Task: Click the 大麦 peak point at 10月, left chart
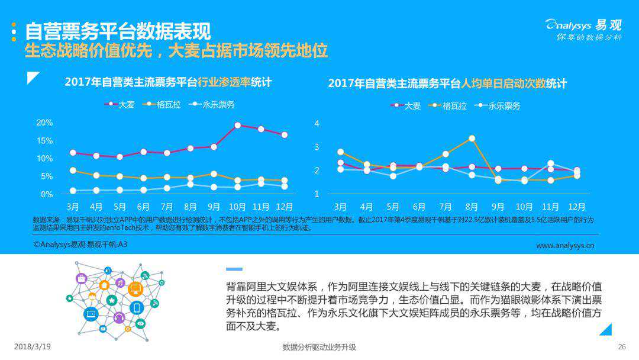coord(237,125)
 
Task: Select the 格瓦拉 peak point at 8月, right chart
coord(472,139)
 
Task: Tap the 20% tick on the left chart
coord(45,123)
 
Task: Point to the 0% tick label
coord(47,194)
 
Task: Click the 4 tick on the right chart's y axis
coord(317,123)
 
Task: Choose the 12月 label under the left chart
coord(284,207)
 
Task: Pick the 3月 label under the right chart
coord(340,207)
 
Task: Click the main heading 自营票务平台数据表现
coord(118,30)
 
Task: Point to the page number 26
coord(621,347)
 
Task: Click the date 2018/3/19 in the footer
coord(32,347)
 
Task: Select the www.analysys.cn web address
coord(564,245)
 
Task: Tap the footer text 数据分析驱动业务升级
coord(319,347)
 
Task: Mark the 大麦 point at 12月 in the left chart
coord(285,135)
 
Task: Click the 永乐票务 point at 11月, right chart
coord(550,163)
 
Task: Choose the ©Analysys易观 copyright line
coord(80,244)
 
